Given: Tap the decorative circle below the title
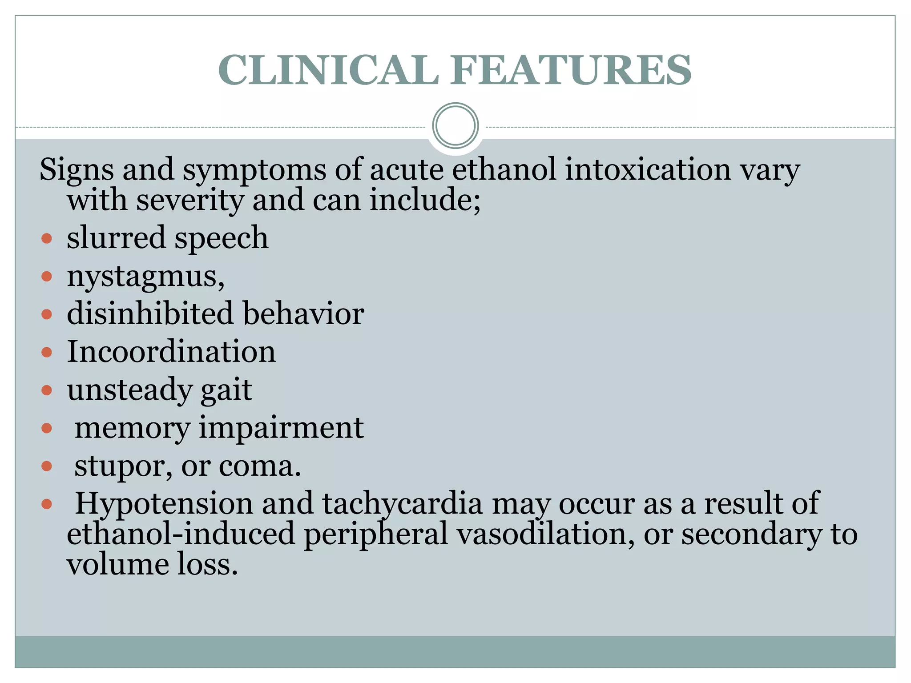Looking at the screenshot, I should (455, 125).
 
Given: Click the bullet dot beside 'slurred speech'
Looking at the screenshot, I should (47, 239).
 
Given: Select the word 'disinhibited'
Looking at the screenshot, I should (150, 313).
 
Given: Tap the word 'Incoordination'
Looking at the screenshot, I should (171, 352).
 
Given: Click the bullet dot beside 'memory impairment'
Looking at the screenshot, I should (47, 428).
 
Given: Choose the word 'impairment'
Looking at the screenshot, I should (281, 428).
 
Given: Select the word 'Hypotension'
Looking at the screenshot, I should (164, 504).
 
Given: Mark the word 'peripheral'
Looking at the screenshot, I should (376, 534).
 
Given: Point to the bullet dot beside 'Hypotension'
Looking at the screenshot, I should (47, 504).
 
